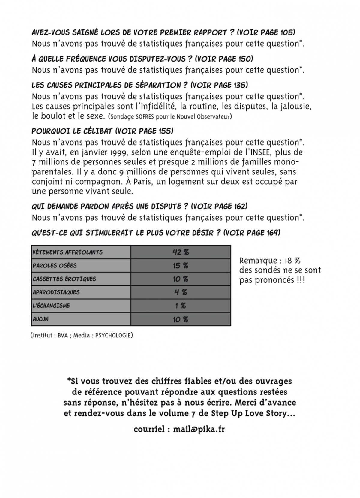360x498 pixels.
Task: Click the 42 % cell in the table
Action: tap(181, 252)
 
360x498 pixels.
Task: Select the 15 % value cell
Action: tap(181, 266)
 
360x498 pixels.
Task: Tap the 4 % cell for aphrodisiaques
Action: tap(181, 292)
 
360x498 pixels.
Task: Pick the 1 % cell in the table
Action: tap(181, 306)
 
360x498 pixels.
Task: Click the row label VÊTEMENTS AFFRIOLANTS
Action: tap(67, 252)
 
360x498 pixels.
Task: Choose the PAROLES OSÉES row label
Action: tap(55, 266)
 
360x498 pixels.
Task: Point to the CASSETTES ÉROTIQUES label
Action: tap(64, 279)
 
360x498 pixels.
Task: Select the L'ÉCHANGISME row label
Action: tap(51, 306)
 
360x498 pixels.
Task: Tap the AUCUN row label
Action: tap(40, 319)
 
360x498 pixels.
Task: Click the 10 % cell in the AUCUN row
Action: tap(181, 319)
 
